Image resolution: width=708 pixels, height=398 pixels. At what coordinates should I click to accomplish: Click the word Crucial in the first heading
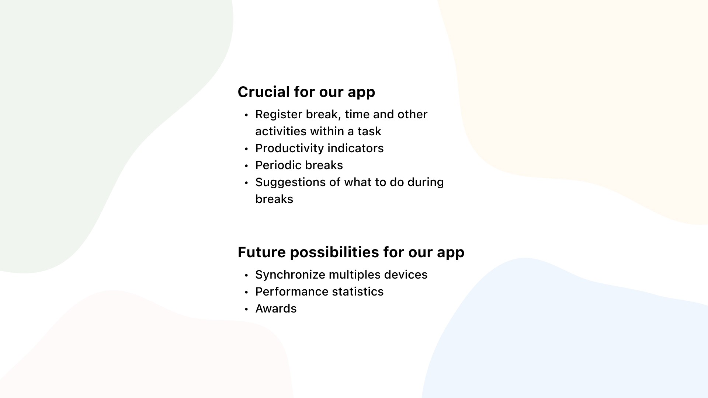click(264, 92)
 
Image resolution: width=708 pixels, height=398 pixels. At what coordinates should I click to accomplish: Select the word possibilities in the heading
click(334, 252)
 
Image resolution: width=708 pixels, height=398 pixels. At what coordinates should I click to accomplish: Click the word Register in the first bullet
click(279, 115)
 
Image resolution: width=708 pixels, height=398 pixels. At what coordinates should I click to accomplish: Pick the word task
click(369, 131)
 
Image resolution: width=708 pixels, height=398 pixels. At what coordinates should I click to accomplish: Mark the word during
click(426, 182)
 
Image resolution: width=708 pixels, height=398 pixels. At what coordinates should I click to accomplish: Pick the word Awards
click(276, 308)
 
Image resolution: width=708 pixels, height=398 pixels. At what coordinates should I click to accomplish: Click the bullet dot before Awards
click(247, 309)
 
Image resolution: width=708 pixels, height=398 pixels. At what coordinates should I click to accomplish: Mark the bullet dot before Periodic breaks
click(247, 166)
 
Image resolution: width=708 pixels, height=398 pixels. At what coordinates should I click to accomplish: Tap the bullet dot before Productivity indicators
click(247, 149)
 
